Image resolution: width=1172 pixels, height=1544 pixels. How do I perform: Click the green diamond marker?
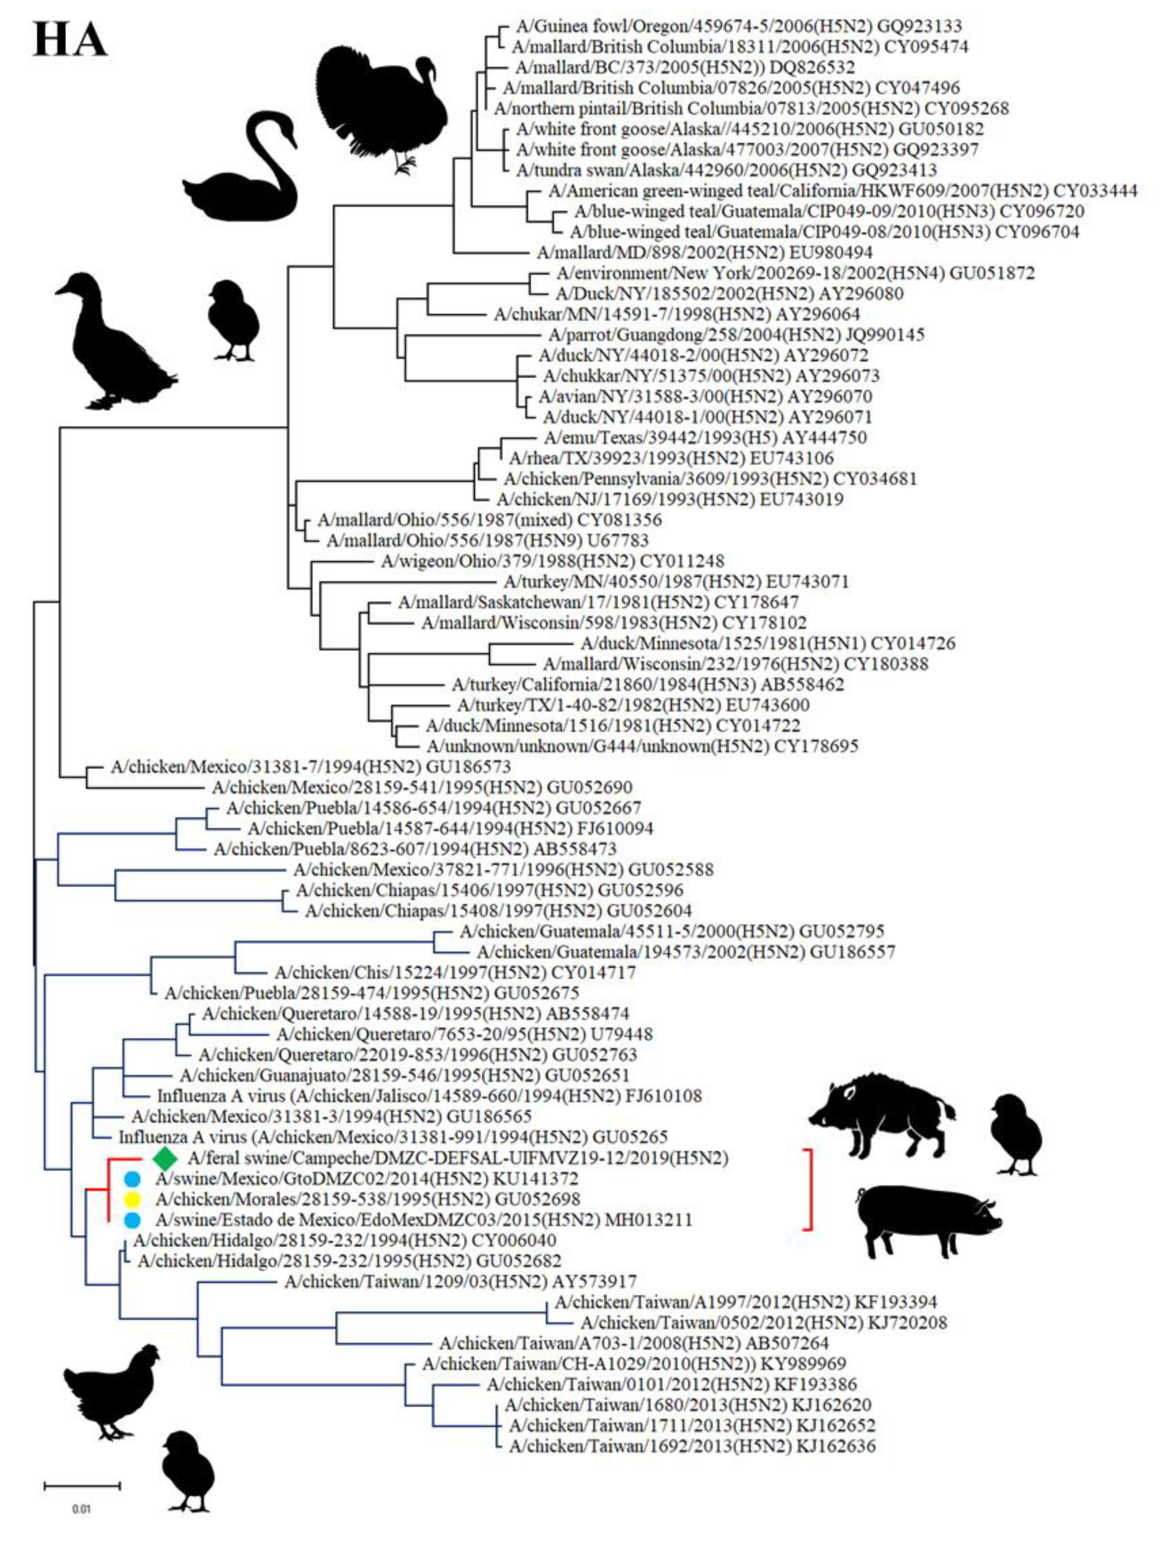pyautogui.click(x=166, y=1158)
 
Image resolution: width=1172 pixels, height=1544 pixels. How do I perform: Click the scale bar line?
pyautogui.click(x=82, y=1485)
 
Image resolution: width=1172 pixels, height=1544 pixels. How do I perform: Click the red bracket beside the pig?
pyautogui.click(x=809, y=1189)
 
